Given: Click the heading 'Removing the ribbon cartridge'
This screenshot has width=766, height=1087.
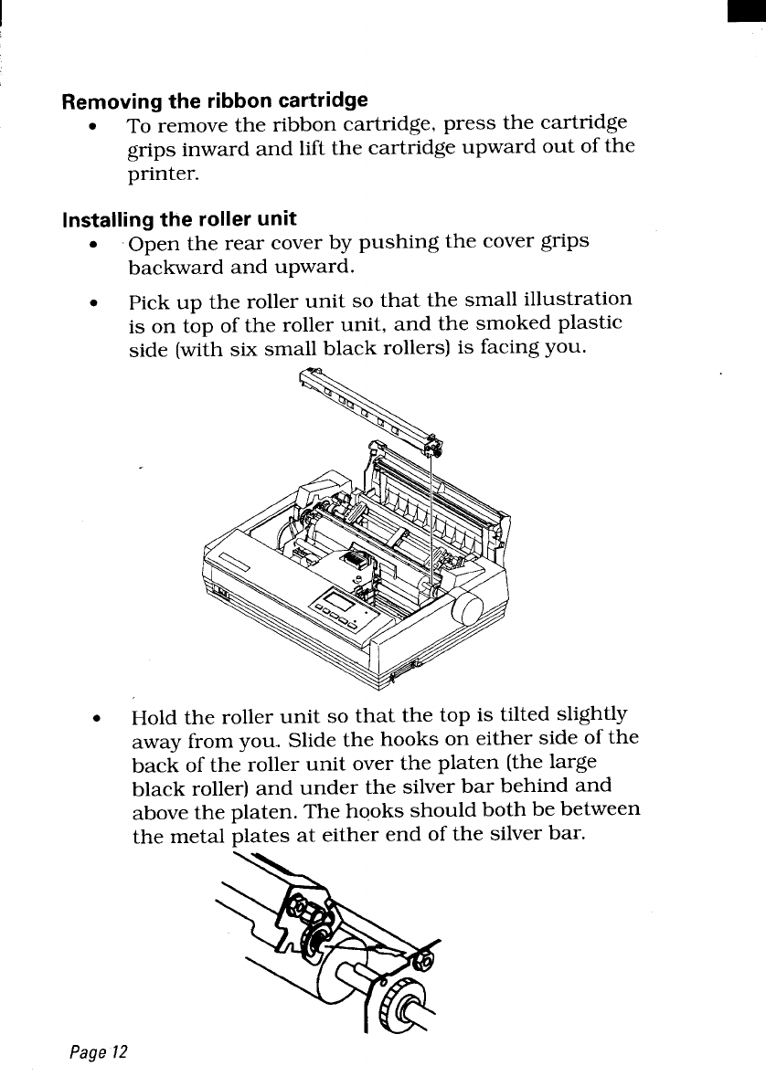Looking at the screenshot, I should point(215,99).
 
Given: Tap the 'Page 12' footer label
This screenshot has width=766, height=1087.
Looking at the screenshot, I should point(96,1051).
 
